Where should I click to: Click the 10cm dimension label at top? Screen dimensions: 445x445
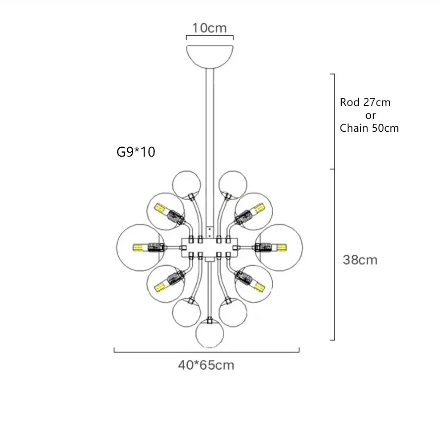coord(209,28)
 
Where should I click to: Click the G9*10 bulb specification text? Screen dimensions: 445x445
coord(135,152)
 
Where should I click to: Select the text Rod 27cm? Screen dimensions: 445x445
coord(365,102)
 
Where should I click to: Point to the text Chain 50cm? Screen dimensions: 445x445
coord(369,128)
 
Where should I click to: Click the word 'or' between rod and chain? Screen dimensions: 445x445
coord(370,115)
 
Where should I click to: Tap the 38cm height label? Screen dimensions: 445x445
coord(360,260)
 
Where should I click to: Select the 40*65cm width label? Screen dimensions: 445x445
coord(206,365)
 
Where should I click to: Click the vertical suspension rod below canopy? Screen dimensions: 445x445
coord(210,133)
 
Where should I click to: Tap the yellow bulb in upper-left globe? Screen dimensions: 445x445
coord(160,208)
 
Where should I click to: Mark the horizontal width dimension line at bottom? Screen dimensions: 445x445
coord(206,352)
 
